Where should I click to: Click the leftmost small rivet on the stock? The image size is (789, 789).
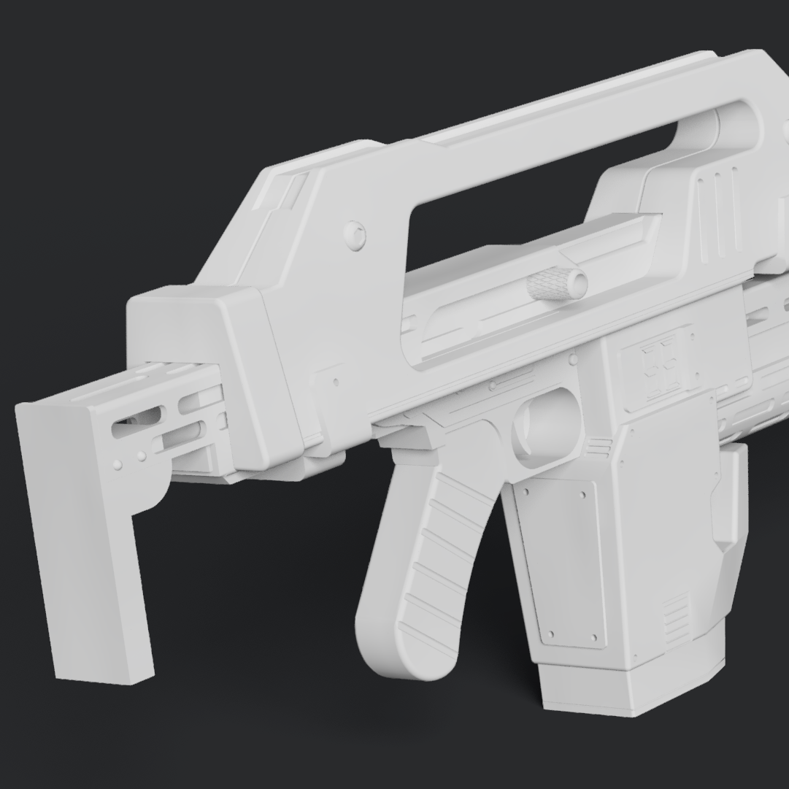(118, 463)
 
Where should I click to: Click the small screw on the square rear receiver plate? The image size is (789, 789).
(336, 381)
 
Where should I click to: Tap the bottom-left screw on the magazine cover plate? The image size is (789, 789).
(551, 634)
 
